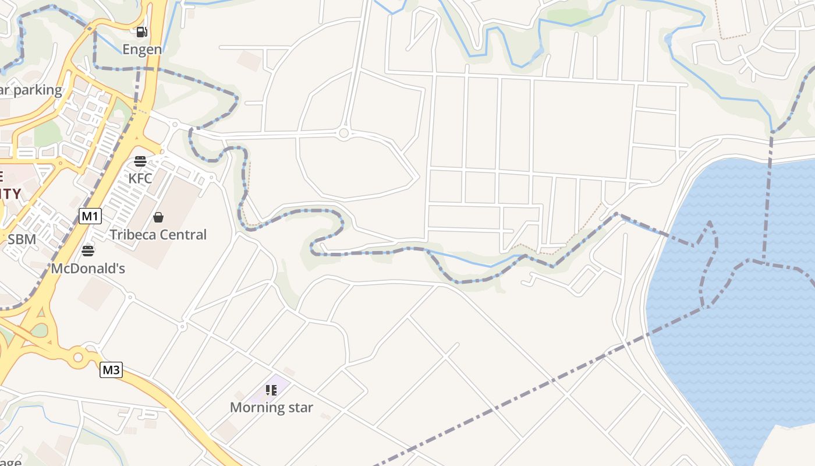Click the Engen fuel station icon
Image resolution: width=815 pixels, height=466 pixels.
(141, 32)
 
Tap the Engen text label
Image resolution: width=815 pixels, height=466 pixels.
(142, 50)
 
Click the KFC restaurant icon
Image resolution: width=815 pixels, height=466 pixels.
(140, 161)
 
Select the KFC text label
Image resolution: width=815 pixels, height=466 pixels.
(140, 178)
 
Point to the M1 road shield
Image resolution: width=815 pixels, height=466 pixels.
(90, 217)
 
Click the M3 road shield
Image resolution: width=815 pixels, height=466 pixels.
(111, 370)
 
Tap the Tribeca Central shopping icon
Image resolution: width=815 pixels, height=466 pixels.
(158, 217)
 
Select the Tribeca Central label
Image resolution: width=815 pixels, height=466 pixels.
(158, 235)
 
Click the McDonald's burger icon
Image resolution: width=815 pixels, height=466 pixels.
(88, 251)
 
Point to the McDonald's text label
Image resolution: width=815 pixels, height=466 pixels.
(88, 269)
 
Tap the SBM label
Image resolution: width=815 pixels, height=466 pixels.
(22, 239)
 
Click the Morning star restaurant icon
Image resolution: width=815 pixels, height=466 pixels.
(271, 390)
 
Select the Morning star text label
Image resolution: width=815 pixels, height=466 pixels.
(271, 408)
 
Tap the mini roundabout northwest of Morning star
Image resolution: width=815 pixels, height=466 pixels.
(182, 327)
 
